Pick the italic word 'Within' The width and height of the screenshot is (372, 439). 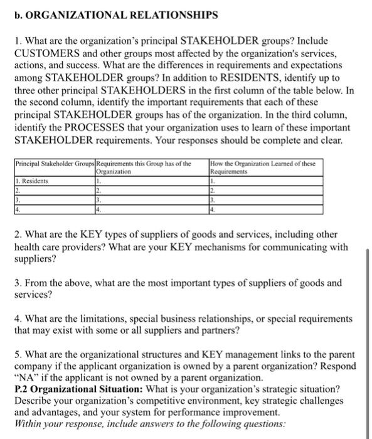(x=28, y=424)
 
